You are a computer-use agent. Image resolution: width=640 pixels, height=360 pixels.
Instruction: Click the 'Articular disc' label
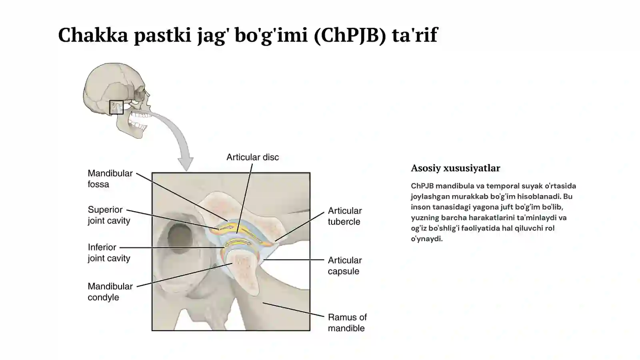(x=252, y=157)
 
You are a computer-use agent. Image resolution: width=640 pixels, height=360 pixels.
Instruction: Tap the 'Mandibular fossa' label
(x=110, y=178)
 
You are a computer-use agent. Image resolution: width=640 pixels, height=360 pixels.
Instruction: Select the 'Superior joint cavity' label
(x=109, y=215)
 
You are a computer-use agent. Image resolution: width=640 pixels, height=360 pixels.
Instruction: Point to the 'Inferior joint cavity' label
(x=109, y=252)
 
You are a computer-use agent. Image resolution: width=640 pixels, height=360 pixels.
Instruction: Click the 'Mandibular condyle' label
(x=110, y=292)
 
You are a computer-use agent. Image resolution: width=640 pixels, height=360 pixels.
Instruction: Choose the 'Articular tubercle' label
(x=344, y=216)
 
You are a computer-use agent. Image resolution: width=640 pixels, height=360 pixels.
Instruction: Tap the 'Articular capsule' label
(x=344, y=266)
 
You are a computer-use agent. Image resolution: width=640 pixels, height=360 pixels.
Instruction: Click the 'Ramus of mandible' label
(x=347, y=322)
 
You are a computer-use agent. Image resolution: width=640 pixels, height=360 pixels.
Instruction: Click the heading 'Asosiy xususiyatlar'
(x=456, y=168)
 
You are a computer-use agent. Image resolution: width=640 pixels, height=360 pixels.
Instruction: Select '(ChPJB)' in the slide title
(x=350, y=35)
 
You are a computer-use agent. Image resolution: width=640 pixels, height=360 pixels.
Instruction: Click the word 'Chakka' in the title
(x=93, y=35)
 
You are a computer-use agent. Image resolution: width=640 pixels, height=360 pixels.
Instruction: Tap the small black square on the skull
(x=116, y=108)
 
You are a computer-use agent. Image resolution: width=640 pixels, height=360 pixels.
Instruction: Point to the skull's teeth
(x=140, y=120)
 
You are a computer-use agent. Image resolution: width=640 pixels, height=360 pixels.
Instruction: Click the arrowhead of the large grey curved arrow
(x=186, y=164)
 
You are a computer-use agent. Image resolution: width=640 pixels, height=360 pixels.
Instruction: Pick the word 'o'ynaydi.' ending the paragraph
(x=427, y=239)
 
